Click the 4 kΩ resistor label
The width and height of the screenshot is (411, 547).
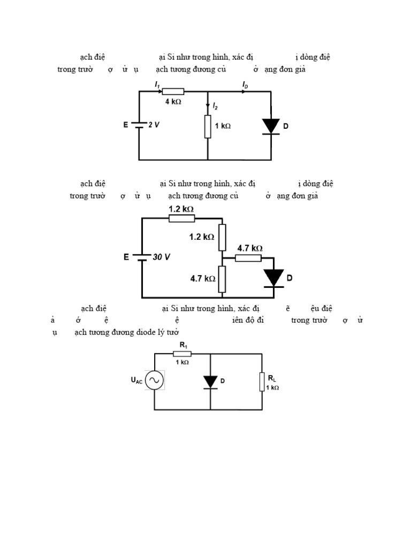pos(173,102)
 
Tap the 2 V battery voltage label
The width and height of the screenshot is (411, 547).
pos(154,125)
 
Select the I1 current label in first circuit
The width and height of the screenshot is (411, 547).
pos(157,84)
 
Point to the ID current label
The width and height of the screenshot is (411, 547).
pos(245,84)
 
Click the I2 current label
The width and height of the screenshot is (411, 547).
pos(215,107)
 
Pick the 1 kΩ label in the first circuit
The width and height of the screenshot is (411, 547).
pos(223,126)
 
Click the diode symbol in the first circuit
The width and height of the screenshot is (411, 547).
pos(271,126)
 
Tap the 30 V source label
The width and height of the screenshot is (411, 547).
pos(161,257)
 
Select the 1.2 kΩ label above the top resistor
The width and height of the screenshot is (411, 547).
pos(181,209)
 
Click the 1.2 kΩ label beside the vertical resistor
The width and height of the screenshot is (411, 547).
pos(202,237)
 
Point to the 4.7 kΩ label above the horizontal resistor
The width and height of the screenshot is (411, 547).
pos(250,248)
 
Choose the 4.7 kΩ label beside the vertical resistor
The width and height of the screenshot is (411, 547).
pos(203,278)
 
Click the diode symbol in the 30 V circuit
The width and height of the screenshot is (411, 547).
pos(273,278)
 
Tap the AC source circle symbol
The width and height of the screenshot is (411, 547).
pos(154,380)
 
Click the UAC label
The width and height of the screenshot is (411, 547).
pos(136,381)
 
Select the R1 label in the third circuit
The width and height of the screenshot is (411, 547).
pos(183,346)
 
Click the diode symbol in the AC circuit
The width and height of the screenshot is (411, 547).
pos(210,381)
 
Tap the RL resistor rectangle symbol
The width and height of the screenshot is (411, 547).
pos(262,382)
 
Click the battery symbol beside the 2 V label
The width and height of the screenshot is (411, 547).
pos(139,126)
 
